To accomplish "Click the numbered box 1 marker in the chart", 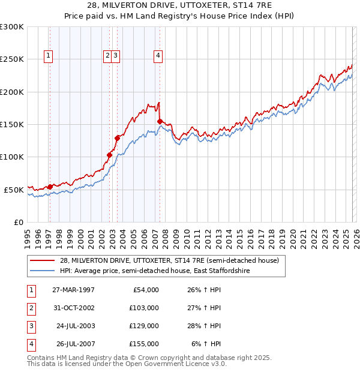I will pos(48,56).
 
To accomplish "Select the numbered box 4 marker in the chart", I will pos(158,56).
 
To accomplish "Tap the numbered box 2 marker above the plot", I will pos(107,56).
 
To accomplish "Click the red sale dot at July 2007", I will pos(160,121).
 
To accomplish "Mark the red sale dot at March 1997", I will pos(50,187).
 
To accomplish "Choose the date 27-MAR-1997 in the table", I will pos(73,289).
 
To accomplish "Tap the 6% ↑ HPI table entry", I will pos(206,344).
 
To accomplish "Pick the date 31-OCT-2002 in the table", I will pos(73,307).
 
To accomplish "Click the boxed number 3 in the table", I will pos(31,326).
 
